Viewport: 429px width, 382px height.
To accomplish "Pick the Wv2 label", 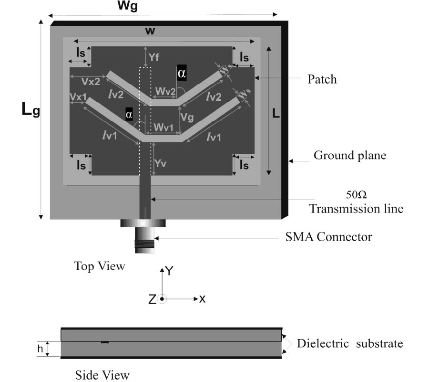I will click(x=163, y=90).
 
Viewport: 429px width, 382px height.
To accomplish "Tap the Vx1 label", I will click(x=78, y=96).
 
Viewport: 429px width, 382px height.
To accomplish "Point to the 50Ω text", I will click(x=356, y=195).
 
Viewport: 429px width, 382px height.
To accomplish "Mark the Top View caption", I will click(x=99, y=265).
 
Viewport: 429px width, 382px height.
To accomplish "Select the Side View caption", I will click(x=102, y=375).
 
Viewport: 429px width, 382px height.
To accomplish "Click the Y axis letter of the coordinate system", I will click(x=169, y=271).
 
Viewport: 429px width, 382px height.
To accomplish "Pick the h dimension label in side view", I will click(x=40, y=349).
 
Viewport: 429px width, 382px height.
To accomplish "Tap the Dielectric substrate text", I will click(x=349, y=343).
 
